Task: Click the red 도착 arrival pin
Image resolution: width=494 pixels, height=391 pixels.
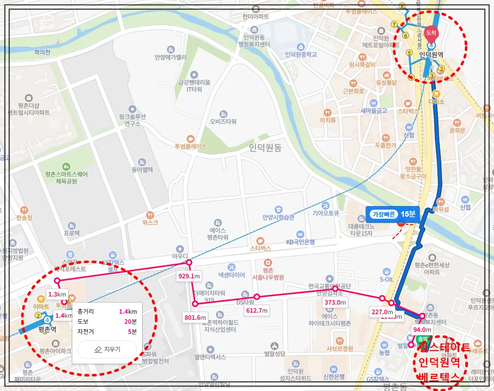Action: (x=431, y=32)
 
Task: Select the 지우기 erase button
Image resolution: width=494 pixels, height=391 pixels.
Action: (x=107, y=349)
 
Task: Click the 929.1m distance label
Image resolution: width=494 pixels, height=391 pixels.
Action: (x=189, y=276)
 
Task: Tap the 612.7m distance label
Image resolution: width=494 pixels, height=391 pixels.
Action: (x=257, y=310)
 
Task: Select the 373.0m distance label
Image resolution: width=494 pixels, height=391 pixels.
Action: (x=335, y=302)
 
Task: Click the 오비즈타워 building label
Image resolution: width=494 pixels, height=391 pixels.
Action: (x=223, y=121)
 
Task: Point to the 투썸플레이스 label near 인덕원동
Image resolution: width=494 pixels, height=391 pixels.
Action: (x=191, y=146)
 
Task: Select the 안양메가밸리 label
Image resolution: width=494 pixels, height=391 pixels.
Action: (x=170, y=57)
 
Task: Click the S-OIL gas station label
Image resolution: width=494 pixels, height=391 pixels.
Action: (x=386, y=278)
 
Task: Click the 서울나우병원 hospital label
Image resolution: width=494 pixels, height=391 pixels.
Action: (x=267, y=277)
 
